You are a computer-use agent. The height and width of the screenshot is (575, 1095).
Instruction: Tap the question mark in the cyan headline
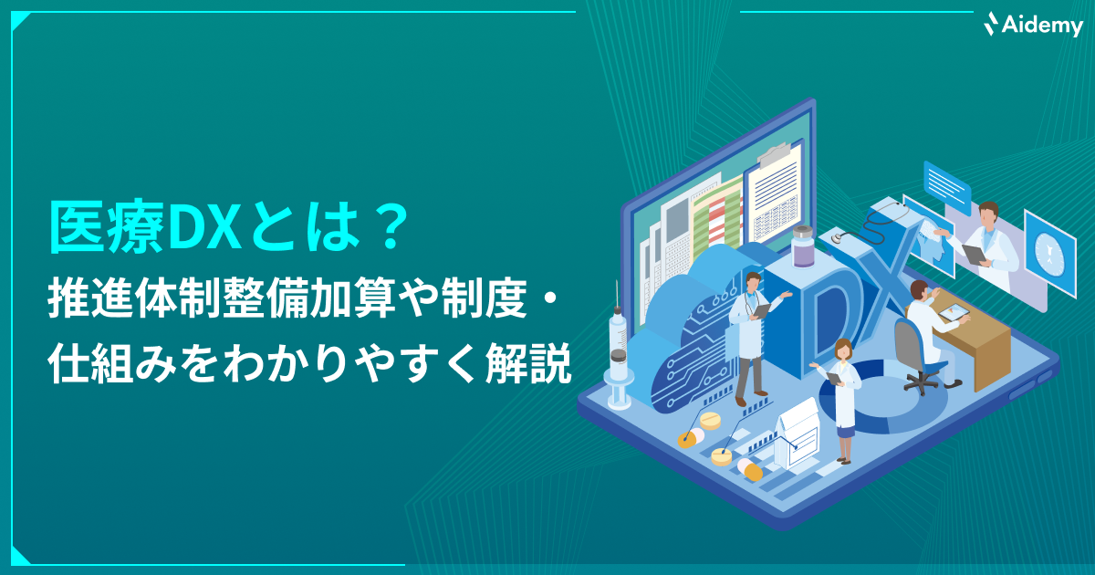(x=389, y=227)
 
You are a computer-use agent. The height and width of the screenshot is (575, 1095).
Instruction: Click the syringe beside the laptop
(x=618, y=345)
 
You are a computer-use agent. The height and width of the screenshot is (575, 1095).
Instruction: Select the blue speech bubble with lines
(x=946, y=187)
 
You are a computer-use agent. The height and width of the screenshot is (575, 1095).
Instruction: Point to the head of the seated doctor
(x=920, y=290)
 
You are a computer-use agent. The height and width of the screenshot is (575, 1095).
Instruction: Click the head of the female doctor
(x=843, y=349)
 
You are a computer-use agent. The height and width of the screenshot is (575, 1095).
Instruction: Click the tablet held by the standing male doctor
(x=761, y=310)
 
